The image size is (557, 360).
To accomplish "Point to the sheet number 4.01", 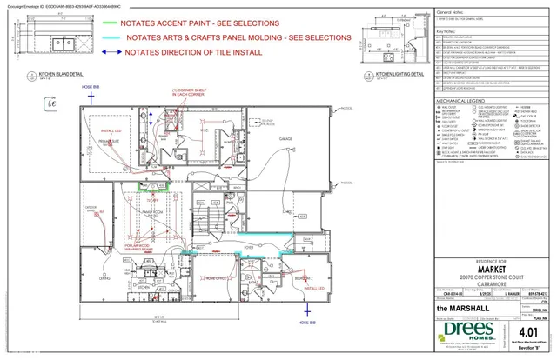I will tap(527, 330).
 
